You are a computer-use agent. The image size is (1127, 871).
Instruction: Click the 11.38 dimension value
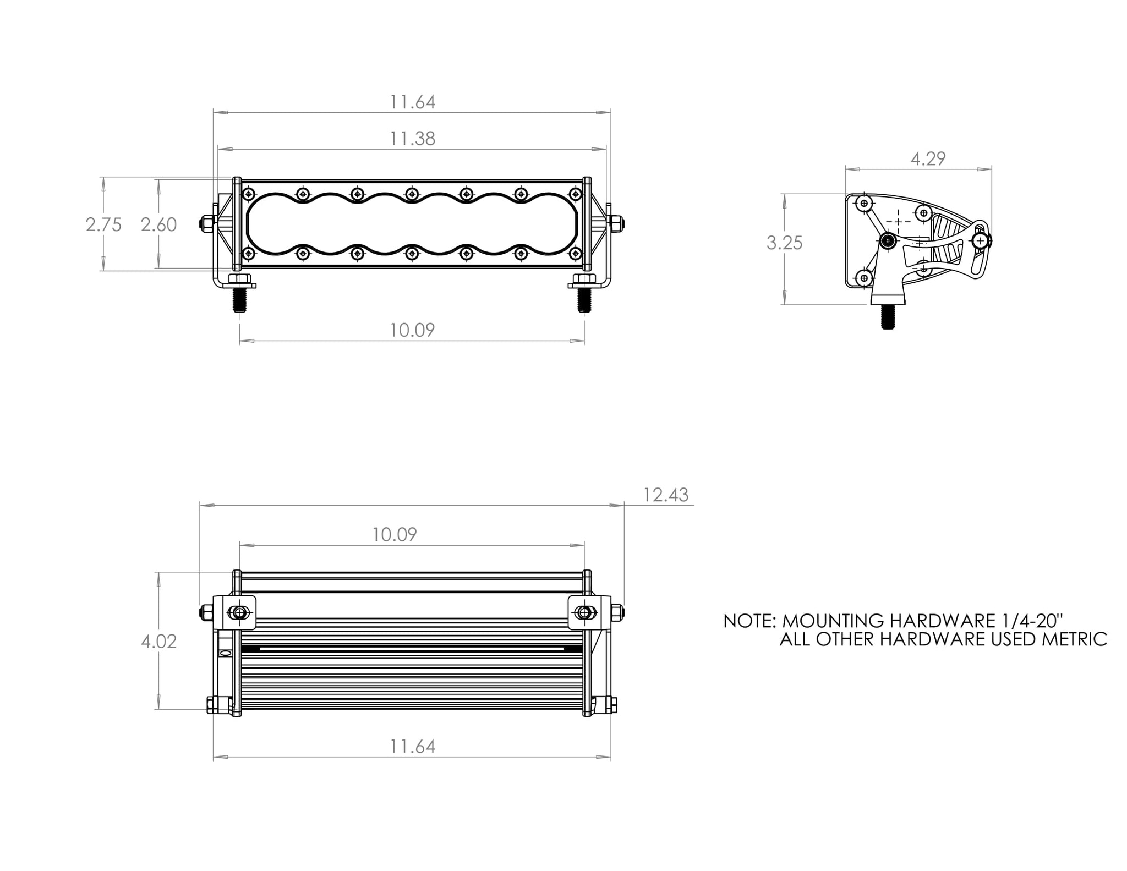[412, 139]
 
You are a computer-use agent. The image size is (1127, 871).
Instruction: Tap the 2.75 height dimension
[103, 224]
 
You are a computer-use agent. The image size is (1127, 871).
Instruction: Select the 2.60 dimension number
[158, 224]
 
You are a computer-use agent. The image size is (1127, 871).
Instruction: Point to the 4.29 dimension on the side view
[928, 159]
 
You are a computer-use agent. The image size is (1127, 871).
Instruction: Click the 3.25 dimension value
[784, 243]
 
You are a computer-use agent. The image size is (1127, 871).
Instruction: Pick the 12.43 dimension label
[666, 495]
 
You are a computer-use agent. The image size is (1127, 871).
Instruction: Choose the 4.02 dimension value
[158, 642]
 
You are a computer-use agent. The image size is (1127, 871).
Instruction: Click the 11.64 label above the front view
[412, 102]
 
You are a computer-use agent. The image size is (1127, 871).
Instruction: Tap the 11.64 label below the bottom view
[412, 747]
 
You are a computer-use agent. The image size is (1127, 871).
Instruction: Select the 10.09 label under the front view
[412, 330]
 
